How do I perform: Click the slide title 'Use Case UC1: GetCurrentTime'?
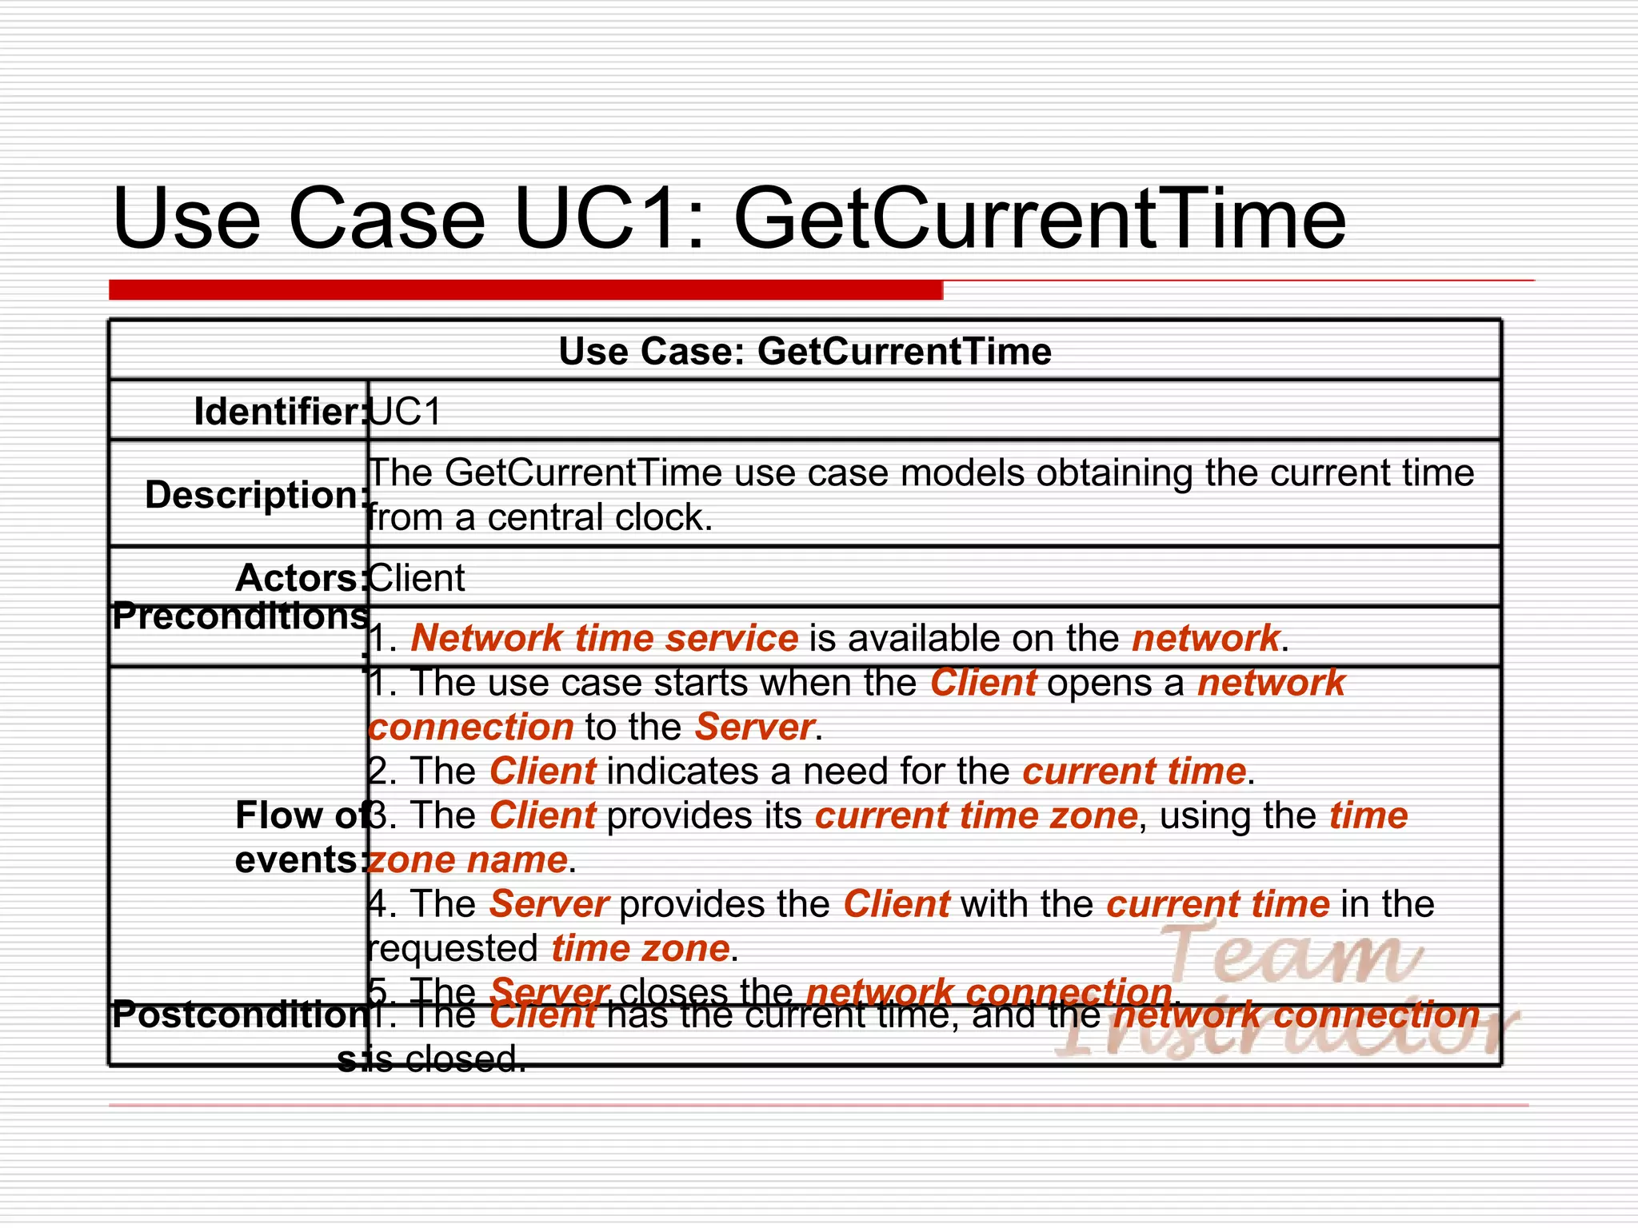click(x=728, y=218)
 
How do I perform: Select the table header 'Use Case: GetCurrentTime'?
click(x=805, y=352)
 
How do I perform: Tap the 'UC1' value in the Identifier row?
click(x=406, y=413)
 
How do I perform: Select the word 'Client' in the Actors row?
click(x=417, y=578)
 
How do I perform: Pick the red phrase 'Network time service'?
click(x=605, y=638)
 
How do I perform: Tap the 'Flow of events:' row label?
click(x=301, y=838)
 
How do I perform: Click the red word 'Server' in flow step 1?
click(x=754, y=727)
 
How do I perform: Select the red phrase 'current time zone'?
click(x=976, y=816)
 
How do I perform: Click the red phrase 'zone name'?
click(x=468, y=860)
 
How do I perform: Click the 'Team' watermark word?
click(x=1288, y=955)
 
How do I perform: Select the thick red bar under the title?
click(x=525, y=289)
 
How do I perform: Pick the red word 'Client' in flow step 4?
click(x=897, y=904)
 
